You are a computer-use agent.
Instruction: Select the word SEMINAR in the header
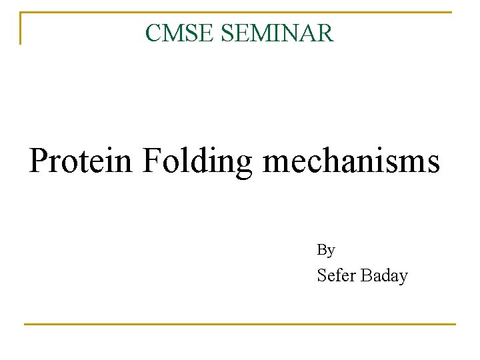pos(277,33)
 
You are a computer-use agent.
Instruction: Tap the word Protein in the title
pos(81,161)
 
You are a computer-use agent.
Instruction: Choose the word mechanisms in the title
pos(351,161)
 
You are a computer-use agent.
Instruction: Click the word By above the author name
pos(325,250)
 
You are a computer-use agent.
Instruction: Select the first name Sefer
pos(337,275)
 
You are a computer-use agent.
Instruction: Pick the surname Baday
pos(385,276)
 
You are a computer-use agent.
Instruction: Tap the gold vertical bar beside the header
pos(21,28)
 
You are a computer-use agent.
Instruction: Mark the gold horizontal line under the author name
pos(240,324)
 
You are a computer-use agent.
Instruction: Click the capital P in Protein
pos(39,161)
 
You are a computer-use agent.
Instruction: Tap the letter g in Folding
pos(243,165)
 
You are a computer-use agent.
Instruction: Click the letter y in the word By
pos(331,252)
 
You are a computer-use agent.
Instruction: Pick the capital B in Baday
pos(366,275)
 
